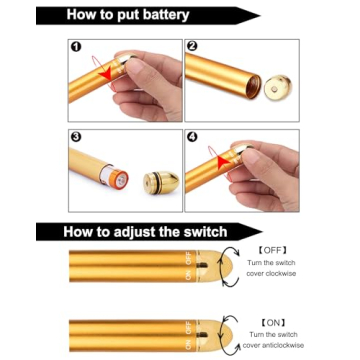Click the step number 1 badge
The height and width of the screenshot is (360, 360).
pyautogui.click(x=76, y=47)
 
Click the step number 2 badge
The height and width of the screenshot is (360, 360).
pyautogui.click(x=193, y=47)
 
